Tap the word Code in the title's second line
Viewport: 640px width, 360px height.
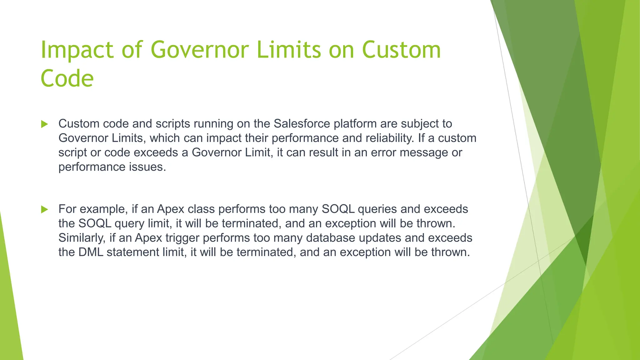pos(67,78)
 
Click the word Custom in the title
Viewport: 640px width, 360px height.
pos(401,50)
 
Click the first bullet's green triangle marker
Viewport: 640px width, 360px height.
pos(44,124)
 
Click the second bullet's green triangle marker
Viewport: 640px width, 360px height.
pos(44,209)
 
